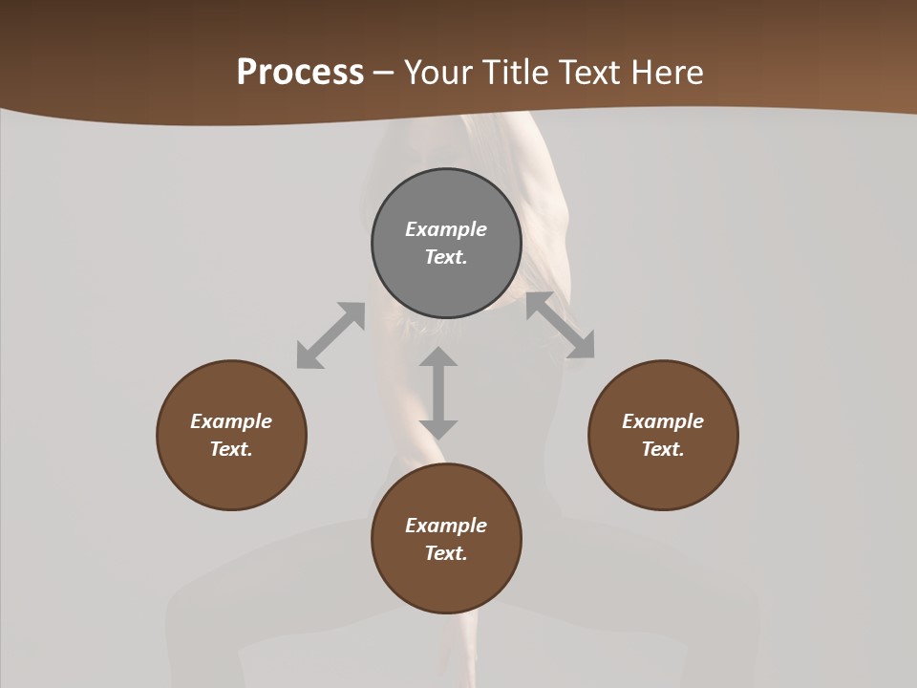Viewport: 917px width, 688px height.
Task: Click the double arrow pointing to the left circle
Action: click(331, 335)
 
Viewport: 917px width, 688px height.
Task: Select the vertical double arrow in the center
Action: click(438, 393)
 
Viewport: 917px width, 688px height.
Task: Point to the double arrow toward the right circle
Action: click(561, 326)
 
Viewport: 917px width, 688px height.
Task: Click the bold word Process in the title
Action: click(300, 72)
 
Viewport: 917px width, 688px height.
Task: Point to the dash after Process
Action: click(383, 73)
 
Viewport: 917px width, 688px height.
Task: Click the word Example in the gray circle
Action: click(446, 229)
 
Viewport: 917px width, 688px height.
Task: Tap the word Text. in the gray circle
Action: click(446, 257)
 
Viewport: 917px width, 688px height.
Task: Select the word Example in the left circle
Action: click(231, 421)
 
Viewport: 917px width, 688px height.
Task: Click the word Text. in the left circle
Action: click(231, 449)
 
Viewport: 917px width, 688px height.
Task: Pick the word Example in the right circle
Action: click(663, 421)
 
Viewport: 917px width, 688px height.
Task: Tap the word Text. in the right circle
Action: click(663, 449)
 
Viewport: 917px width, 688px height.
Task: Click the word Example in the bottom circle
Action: click(446, 526)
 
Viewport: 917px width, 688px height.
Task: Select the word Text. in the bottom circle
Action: click(446, 553)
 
